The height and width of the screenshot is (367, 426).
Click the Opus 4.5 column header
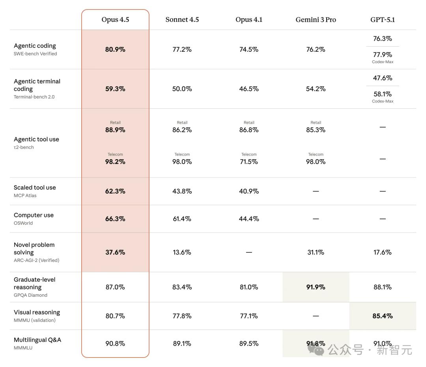point(115,20)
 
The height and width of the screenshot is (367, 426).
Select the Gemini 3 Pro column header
point(316,20)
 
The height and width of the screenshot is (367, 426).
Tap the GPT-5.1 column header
point(383,20)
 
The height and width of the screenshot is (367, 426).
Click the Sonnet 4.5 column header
point(182,20)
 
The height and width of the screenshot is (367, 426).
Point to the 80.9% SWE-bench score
point(115,49)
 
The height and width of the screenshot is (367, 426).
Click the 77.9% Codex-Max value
point(383,55)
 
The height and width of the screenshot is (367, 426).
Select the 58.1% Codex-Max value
point(383,94)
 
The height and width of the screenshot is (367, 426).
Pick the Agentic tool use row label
point(36,139)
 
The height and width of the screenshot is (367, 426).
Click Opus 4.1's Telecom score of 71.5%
point(249,162)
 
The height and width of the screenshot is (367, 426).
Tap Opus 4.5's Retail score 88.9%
point(115,130)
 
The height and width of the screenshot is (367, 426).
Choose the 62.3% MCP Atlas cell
point(115,191)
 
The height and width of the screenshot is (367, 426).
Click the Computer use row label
point(34,215)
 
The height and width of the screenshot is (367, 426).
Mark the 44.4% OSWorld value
point(249,219)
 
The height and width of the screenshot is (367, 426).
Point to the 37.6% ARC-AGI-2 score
point(115,252)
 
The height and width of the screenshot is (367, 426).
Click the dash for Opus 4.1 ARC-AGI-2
point(249,252)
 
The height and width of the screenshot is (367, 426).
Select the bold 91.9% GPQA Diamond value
point(316,287)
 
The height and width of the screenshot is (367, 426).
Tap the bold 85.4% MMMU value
point(383,316)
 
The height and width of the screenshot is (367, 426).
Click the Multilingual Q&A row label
point(37,340)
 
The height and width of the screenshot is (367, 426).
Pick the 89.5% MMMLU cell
point(249,344)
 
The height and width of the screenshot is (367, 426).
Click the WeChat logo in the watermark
point(316,349)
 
